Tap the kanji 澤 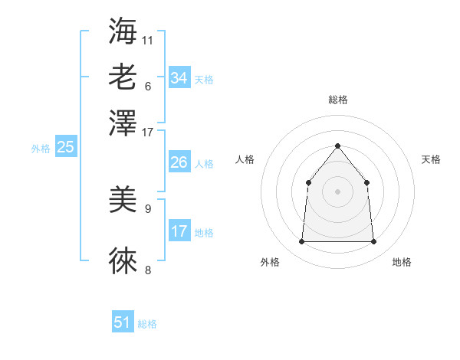pyautogui.click(x=123, y=123)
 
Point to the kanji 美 pyautogui.click(x=123, y=201)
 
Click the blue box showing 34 pyautogui.click(x=179, y=78)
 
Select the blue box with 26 pyautogui.click(x=179, y=162)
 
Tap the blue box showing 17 pyautogui.click(x=179, y=231)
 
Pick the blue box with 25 pyautogui.click(x=65, y=147)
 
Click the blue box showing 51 pyautogui.click(x=123, y=322)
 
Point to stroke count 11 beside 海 pyautogui.click(x=148, y=39)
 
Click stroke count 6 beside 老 pyautogui.click(x=148, y=85)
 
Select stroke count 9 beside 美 pyautogui.click(x=148, y=208)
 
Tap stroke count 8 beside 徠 pyautogui.click(x=148, y=269)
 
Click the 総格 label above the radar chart pyautogui.click(x=337, y=100)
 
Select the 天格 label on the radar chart pyautogui.click(x=431, y=159)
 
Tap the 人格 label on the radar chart pyautogui.click(x=245, y=159)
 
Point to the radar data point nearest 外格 pyautogui.click(x=301, y=242)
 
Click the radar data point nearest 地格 pyautogui.click(x=373, y=242)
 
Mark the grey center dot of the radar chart pyautogui.click(x=337, y=191)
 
